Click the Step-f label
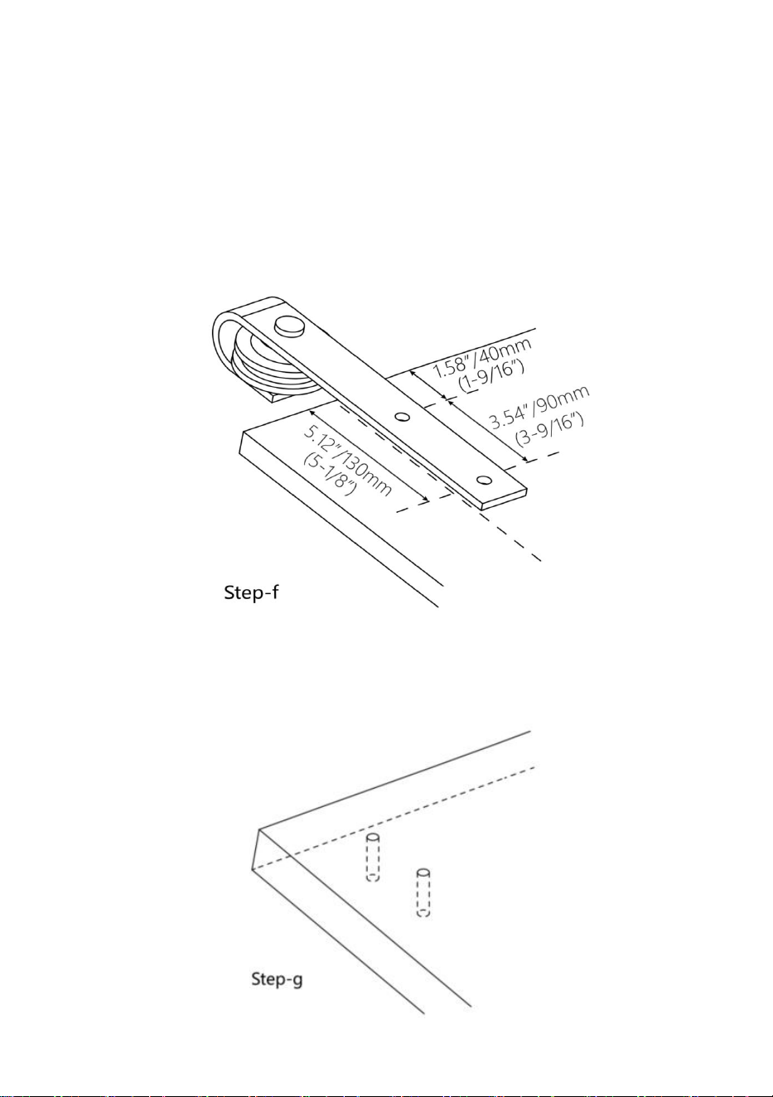click(251, 592)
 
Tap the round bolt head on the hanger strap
click(288, 325)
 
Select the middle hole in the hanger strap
click(402, 417)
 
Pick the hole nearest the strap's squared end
click(484, 480)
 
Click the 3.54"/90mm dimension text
click(539, 407)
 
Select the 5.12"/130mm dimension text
click(347, 461)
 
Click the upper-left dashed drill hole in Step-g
click(373, 857)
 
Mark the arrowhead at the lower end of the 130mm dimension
click(425, 499)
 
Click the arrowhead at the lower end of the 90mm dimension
click(524, 458)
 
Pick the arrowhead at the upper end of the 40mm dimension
click(413, 374)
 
